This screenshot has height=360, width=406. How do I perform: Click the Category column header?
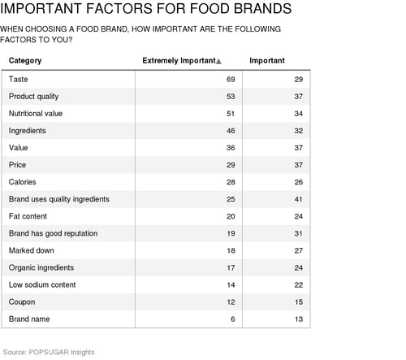25,61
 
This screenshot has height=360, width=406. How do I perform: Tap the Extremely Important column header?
179,60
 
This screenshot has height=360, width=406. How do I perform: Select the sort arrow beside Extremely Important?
218,62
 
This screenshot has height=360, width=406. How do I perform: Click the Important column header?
267,60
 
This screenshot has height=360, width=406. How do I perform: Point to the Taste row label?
18,80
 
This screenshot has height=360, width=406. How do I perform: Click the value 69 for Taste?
231,80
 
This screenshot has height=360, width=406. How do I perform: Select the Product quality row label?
33,97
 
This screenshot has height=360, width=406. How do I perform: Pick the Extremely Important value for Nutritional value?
231,114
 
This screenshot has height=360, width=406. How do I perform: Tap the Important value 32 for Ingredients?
299,131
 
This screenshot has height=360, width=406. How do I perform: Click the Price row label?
17,165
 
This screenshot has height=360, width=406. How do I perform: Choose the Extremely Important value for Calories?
231,182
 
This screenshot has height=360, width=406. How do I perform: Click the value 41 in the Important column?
299,199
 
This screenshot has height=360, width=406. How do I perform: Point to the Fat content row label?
28,216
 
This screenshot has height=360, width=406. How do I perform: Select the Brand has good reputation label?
53,233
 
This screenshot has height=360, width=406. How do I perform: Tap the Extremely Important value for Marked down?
231,250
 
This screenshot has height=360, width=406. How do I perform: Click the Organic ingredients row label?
41,268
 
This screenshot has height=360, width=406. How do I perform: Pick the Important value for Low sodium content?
299,285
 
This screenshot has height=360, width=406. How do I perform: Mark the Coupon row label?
22,302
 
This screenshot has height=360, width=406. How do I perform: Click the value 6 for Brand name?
233,319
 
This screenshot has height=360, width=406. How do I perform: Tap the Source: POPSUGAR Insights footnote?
49,352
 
